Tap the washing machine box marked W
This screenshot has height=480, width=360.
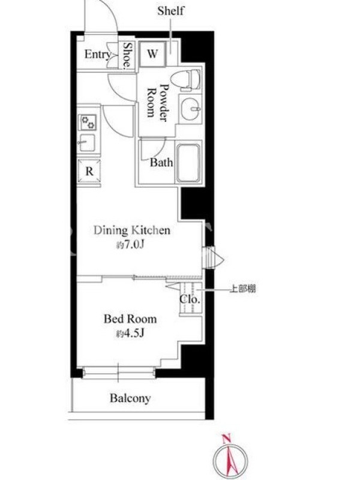[152, 54]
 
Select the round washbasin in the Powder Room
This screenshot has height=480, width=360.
[190, 109]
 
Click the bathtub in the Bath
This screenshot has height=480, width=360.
[188, 163]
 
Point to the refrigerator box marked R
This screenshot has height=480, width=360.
[89, 171]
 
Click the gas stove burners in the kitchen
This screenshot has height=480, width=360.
[88, 122]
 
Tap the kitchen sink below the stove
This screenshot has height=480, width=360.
[87, 143]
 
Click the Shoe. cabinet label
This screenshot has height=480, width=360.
[127, 55]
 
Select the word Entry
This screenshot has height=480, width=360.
[97, 55]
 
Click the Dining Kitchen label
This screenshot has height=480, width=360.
[132, 230]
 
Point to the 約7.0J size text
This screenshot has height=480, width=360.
[130, 245]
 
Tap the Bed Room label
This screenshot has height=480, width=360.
[130, 319]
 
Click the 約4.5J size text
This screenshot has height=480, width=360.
[130, 334]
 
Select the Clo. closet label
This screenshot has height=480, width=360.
[190, 299]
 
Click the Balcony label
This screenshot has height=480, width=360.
[130, 398]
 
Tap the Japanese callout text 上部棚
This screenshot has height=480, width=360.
[243, 289]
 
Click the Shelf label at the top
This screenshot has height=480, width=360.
[171, 11]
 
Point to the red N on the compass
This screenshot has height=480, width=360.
[226, 439]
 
